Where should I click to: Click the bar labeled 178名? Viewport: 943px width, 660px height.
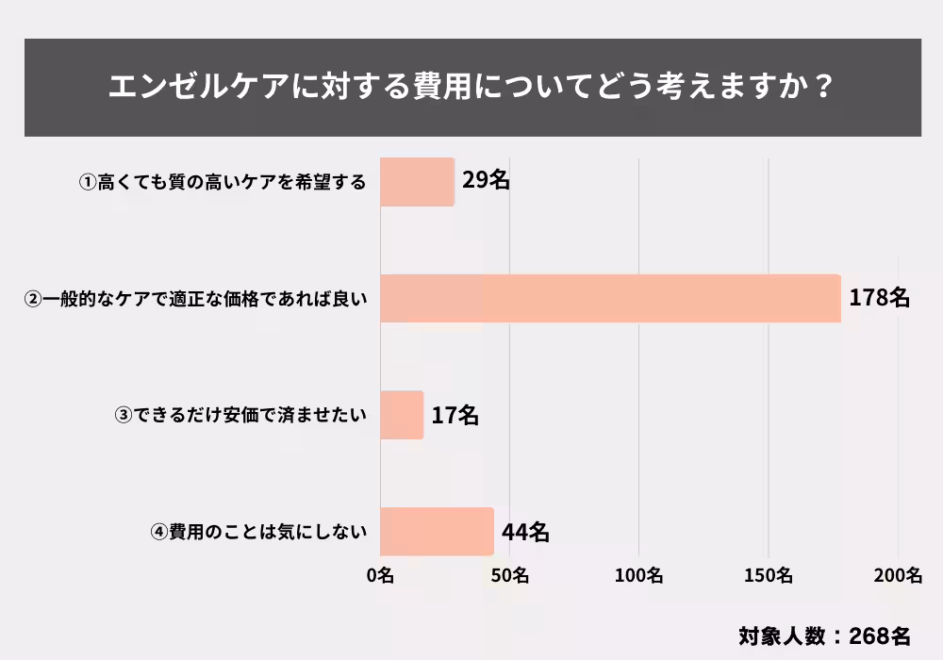pos(610,299)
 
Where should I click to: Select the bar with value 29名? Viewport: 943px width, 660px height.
pos(417,182)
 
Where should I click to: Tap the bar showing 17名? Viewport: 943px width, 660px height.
pos(402,416)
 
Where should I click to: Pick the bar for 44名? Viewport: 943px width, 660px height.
pos(437,532)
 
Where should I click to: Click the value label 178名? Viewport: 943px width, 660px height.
pos(879,299)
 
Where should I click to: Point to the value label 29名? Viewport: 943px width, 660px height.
pos(486,181)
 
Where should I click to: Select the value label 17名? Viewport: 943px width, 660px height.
pos(455,416)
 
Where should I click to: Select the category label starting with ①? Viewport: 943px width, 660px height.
pos(223,183)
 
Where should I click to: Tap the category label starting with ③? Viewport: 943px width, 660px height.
pos(240,416)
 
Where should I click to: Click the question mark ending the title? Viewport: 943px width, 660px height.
pos(821,88)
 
